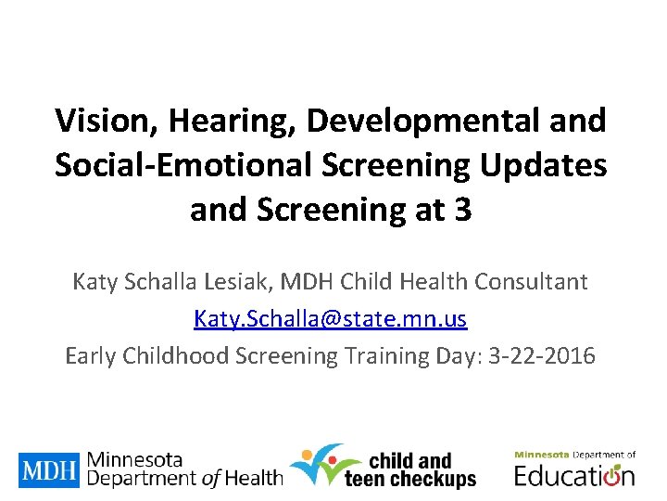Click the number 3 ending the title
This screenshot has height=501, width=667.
(463, 210)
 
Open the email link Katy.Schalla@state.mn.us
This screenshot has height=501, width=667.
(331, 319)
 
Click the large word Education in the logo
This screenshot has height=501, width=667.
(574, 476)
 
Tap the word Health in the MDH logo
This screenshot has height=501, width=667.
(253, 479)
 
